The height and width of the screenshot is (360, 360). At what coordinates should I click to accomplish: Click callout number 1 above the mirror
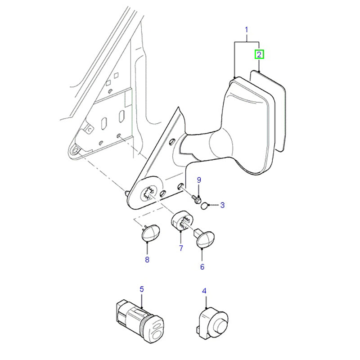click(246, 30)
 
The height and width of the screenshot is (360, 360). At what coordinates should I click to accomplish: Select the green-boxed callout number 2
click(259, 54)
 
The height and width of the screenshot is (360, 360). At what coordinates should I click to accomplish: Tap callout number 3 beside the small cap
click(222, 205)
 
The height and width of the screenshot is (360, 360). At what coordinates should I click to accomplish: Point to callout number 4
click(204, 291)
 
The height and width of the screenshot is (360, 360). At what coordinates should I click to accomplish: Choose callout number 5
click(142, 289)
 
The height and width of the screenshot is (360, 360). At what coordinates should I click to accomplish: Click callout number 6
click(202, 267)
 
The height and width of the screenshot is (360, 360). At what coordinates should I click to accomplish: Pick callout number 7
click(181, 248)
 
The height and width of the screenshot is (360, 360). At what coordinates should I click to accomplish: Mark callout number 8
click(147, 260)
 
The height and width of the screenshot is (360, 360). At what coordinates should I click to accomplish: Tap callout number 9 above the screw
click(199, 180)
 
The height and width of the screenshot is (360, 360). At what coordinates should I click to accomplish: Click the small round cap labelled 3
click(204, 206)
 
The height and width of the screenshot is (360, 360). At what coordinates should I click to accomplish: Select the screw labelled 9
click(196, 199)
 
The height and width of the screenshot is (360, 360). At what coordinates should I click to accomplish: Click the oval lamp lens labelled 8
click(150, 233)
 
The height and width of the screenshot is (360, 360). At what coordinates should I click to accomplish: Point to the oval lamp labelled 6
click(204, 239)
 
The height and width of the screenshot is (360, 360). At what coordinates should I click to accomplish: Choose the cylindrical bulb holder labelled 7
click(182, 221)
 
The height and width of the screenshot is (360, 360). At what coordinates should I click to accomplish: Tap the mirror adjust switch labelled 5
click(140, 320)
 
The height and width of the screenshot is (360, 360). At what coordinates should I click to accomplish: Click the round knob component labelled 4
click(212, 323)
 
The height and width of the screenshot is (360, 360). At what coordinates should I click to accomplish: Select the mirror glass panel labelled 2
click(268, 110)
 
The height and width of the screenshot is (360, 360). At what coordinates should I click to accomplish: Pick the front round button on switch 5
click(156, 333)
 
